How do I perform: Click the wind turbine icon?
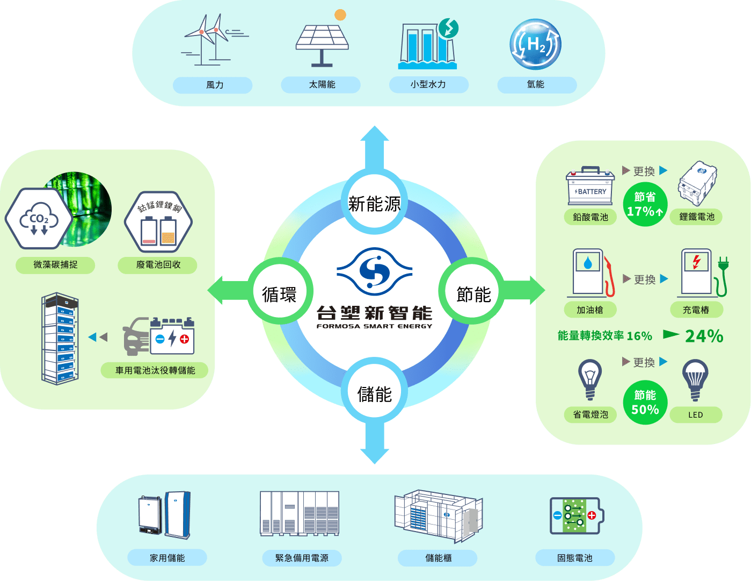(x=212, y=41)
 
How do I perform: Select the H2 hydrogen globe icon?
(x=535, y=45)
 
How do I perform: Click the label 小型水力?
(x=428, y=84)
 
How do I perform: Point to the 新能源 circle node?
(x=374, y=204)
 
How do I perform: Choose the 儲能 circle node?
(x=374, y=394)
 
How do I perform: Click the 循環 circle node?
(x=279, y=294)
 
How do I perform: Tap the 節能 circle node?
(x=473, y=294)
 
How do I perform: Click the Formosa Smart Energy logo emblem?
(x=374, y=271)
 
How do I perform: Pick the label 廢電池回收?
(x=158, y=264)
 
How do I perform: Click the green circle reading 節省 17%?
(x=645, y=204)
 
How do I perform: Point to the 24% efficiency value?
(x=704, y=336)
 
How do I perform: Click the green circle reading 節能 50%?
(x=645, y=402)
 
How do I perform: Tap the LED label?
(x=696, y=415)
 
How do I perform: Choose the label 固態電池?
(x=574, y=558)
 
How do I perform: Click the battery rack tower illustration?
(x=60, y=338)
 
